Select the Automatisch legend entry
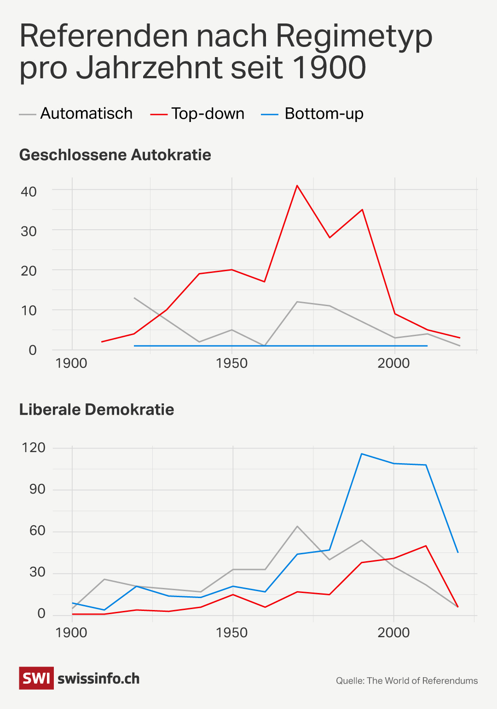(86, 114)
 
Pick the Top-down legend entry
(208, 114)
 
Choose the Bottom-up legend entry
(324, 114)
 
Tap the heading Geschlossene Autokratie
(115, 155)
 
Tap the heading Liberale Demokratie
(97, 410)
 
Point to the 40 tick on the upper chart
(29, 192)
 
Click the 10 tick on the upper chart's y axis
(29, 311)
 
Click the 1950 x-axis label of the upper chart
(231, 363)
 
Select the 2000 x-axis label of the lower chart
(393, 633)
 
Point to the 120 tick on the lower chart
(34, 447)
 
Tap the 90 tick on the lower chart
(37, 489)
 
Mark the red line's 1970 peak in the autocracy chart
(297, 186)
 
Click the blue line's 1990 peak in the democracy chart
(362, 454)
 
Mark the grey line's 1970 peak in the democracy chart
(297, 526)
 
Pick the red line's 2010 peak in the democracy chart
(426, 546)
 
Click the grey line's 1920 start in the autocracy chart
(134, 298)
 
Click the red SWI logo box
(36, 678)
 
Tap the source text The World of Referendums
(422, 681)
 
